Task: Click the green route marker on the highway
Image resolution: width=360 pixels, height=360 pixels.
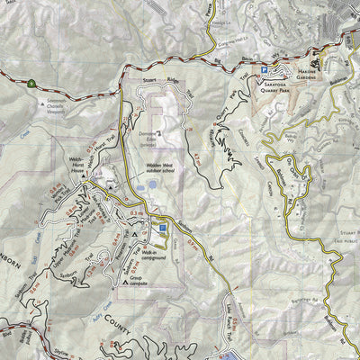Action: (31, 83)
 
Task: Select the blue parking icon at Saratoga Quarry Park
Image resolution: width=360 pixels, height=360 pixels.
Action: (264, 69)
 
